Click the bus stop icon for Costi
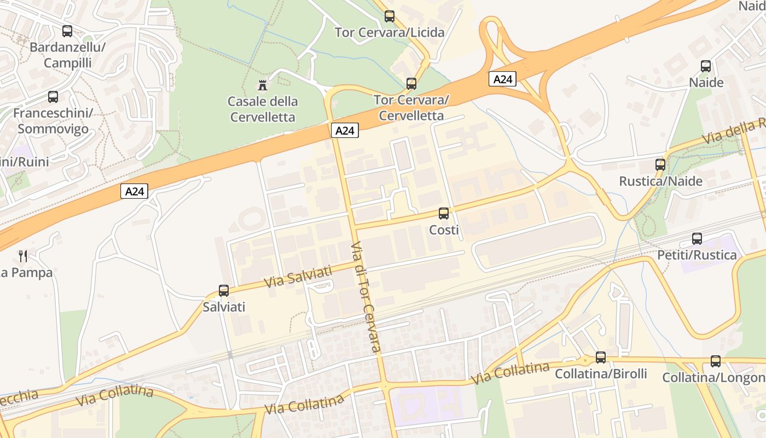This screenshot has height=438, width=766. pos(444,214)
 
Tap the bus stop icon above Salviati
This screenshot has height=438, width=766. pos(224,291)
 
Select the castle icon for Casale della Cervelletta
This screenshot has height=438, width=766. pos(263,85)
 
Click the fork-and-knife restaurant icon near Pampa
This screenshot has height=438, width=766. pos(23,256)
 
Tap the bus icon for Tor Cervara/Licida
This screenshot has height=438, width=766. pos(390,16)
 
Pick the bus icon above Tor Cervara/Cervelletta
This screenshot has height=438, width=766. pos(411,84)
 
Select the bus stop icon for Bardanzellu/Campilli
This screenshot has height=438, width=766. pos(67,31)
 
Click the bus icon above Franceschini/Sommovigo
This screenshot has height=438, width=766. pos(53,97)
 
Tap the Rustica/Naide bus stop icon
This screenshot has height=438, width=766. pos(660,165)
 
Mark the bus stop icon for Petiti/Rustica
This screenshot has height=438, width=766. pos(697,239)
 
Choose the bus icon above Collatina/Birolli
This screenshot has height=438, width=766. pos(601,358)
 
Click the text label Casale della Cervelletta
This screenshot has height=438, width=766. pos(263,109)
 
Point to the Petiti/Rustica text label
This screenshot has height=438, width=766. pos(697,255)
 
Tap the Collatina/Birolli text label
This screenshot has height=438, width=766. pos(601,374)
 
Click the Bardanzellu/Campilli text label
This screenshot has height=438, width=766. pos(67,55)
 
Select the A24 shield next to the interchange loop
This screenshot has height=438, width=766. pos(502,79)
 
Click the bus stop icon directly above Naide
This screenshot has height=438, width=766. pos(706,66)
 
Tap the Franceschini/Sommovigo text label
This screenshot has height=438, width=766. pos(53,120)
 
